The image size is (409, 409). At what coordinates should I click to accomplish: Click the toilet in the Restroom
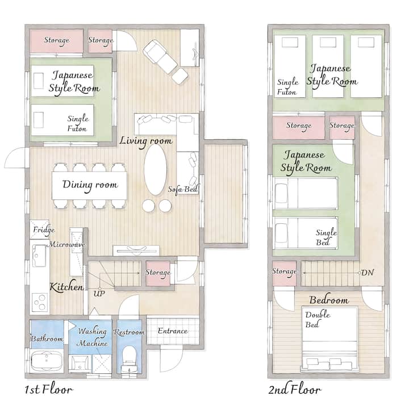click(129, 358)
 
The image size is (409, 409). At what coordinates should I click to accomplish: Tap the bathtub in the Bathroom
click(47, 361)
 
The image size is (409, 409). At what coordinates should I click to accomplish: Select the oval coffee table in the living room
click(156, 169)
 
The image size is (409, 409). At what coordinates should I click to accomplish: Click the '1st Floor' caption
click(49, 390)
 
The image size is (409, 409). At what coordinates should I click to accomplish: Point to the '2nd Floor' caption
click(295, 390)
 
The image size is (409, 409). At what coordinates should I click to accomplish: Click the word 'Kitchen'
click(66, 287)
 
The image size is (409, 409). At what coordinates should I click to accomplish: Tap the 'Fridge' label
click(44, 230)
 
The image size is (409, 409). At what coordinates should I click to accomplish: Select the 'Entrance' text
click(173, 331)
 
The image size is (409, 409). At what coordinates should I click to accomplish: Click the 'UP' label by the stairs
click(99, 294)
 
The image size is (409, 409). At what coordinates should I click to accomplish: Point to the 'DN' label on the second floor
click(368, 273)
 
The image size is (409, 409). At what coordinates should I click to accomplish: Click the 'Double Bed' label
click(318, 319)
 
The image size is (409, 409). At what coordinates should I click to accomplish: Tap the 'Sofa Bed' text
click(183, 189)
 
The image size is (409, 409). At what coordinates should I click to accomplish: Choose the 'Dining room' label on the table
click(90, 185)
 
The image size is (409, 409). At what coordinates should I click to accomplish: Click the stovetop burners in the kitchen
click(40, 302)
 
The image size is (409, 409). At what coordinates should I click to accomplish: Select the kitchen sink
click(39, 256)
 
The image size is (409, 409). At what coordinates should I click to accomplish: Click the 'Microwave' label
click(67, 244)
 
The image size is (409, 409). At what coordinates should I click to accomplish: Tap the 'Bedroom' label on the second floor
click(329, 300)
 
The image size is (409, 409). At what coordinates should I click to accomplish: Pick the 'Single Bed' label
click(326, 237)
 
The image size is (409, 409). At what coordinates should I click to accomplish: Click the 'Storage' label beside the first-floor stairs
click(158, 272)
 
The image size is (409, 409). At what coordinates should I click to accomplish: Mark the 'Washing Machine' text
click(93, 337)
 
